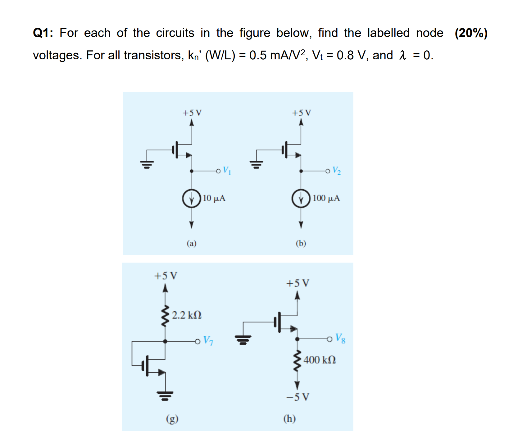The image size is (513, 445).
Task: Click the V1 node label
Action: click(x=227, y=171)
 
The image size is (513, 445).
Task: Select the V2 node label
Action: click(x=336, y=170)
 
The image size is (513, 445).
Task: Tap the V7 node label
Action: click(x=208, y=341)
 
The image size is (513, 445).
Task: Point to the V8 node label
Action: click(x=340, y=338)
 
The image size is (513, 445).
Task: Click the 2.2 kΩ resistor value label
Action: click(x=187, y=315)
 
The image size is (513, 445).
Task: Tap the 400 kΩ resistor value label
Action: click(x=320, y=360)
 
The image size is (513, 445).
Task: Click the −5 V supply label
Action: click(x=297, y=397)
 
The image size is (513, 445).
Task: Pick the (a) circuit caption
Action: click(x=192, y=243)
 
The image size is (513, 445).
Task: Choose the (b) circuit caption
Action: click(x=301, y=243)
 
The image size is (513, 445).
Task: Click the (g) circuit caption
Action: click(x=172, y=419)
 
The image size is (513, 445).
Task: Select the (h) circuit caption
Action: click(x=289, y=419)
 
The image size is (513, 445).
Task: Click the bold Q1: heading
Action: click(x=43, y=33)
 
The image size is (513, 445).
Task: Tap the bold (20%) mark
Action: click(x=471, y=33)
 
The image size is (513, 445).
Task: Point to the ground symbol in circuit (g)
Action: click(x=165, y=396)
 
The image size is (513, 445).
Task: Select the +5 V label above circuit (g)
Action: click(x=166, y=276)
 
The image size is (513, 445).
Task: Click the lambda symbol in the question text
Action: click(x=403, y=55)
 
